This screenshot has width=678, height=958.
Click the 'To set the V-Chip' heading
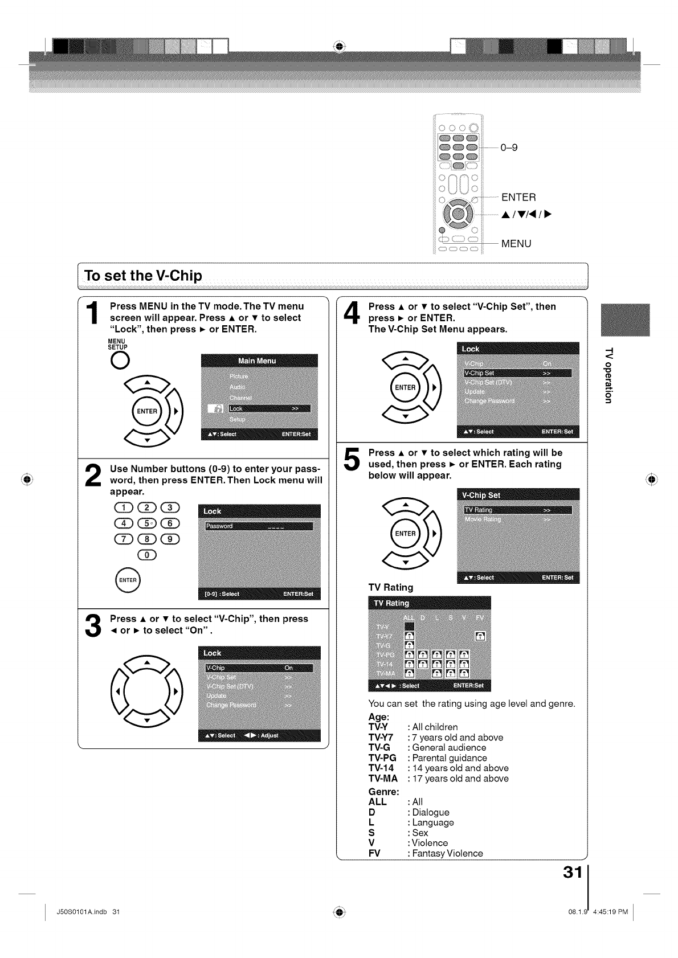pos(143,276)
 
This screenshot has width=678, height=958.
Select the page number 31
pos(571,873)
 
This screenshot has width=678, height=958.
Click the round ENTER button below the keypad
pos(128,580)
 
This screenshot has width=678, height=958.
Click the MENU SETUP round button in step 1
pos(120,361)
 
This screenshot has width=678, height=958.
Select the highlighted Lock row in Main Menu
pos(269,408)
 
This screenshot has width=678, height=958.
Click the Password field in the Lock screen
pos(259,526)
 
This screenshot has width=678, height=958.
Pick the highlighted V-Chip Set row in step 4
pos(517,373)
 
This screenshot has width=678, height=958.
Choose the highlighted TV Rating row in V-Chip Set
pos(517,510)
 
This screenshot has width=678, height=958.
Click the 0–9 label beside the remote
pos(509,148)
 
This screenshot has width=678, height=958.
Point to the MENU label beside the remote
pos(516,244)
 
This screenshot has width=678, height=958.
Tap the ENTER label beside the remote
pos(518,198)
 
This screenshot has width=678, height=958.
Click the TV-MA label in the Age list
pos(383,779)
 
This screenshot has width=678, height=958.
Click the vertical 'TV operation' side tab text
pos(608,375)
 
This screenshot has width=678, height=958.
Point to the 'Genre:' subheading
pos(384,792)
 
